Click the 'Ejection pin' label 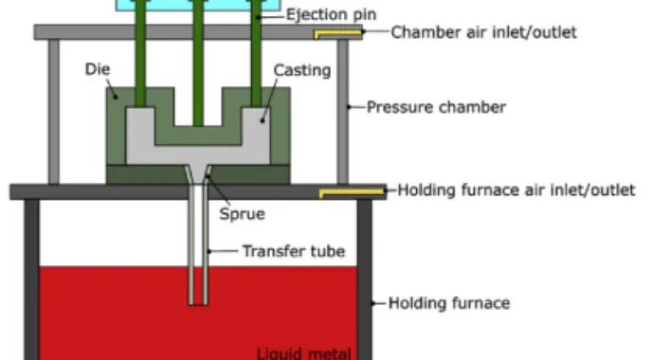331,15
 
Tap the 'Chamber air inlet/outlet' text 484,32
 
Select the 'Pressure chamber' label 436,107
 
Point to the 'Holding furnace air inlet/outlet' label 516,190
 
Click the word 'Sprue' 242,214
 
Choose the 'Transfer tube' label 294,251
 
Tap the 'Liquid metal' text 304,353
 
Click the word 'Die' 98,69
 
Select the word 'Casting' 302,70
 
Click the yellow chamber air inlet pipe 337,33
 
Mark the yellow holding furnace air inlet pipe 352,193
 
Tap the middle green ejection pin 198,63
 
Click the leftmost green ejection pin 140,53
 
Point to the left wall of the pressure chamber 54,112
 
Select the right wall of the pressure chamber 343,112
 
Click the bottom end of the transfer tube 198,304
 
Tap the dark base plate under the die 198,174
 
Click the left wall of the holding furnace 31,279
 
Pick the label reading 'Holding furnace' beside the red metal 449,303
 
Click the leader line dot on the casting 263,121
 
